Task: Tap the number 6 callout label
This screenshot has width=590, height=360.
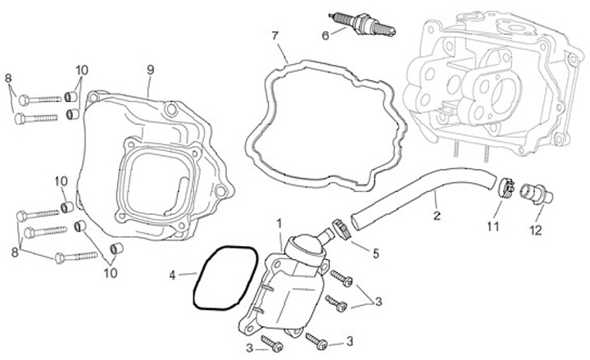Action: pos(324,35)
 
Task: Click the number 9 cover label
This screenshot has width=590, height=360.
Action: pos(150,69)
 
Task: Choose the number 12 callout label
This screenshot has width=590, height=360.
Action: pos(534,231)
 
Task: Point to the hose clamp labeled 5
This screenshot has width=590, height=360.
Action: pos(343,226)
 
